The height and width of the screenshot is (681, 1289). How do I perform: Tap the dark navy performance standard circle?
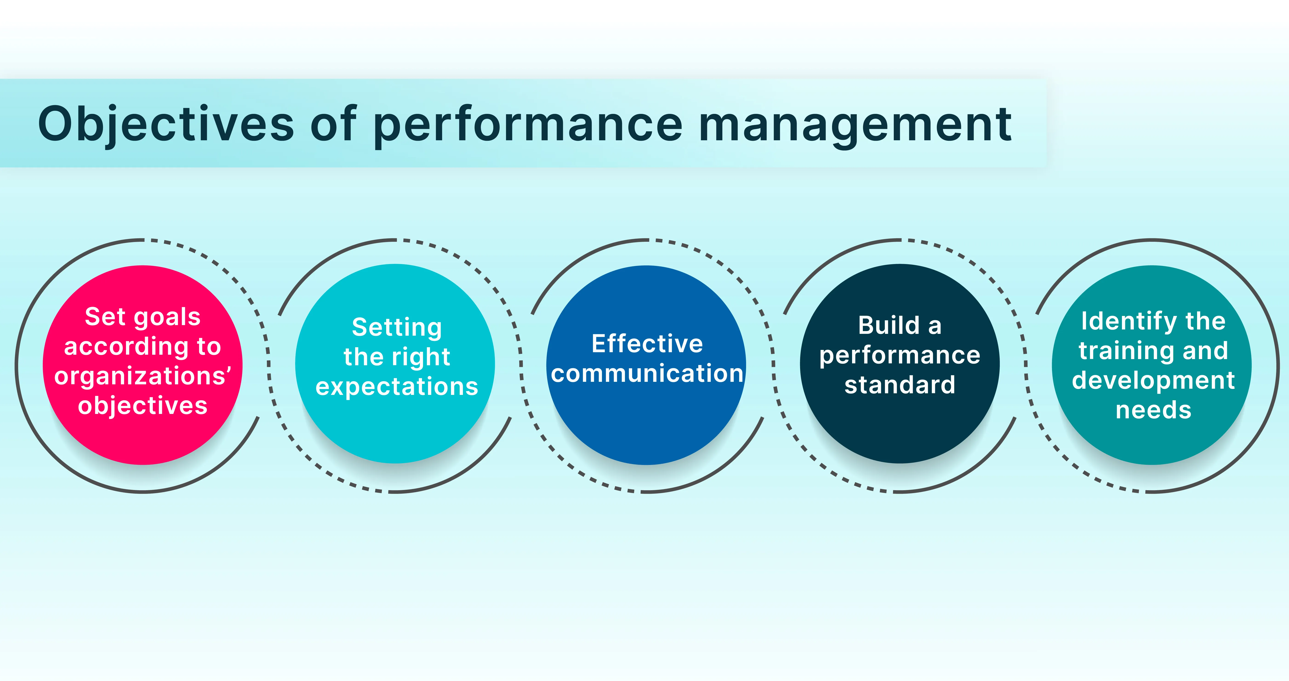[900, 430]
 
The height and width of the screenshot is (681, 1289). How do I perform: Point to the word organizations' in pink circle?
[143, 376]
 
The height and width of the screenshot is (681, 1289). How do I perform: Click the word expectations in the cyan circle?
[397, 386]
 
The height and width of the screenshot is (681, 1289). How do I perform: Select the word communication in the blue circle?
[647, 374]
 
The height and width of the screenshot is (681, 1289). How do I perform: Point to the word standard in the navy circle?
[900, 385]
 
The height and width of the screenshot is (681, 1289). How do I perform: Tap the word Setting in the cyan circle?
[397, 327]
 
